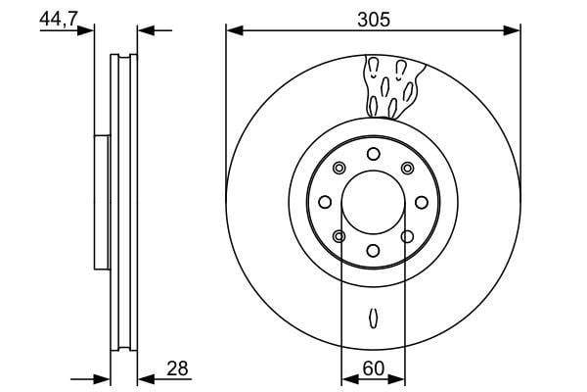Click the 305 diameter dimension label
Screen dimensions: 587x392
coord(374,20)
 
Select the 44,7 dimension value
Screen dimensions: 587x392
coord(58,19)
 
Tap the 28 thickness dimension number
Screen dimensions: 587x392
coord(177,368)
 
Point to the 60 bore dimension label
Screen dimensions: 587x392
coord(374,368)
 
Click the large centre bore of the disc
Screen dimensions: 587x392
coord(374,202)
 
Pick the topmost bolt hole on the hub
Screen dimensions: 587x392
coord(374,154)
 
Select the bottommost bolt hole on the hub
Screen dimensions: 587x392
coord(374,251)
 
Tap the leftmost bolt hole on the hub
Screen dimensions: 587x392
coord(325,202)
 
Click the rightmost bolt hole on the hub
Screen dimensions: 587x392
coord(422,202)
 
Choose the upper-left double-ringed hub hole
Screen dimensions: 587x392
coord(339,168)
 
